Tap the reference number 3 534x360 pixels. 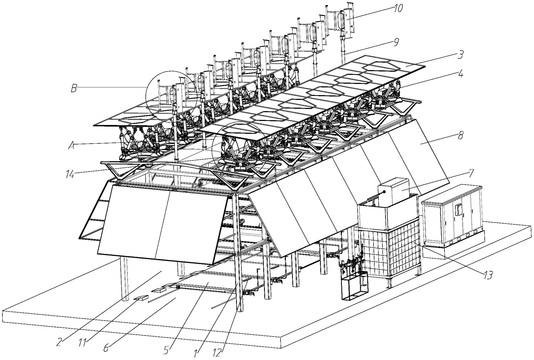(x=459, y=55)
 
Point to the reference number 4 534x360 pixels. (x=460, y=74)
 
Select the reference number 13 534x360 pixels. (x=488, y=275)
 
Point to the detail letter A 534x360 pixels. (x=71, y=145)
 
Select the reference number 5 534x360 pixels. (x=166, y=351)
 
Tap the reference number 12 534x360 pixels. (x=217, y=353)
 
